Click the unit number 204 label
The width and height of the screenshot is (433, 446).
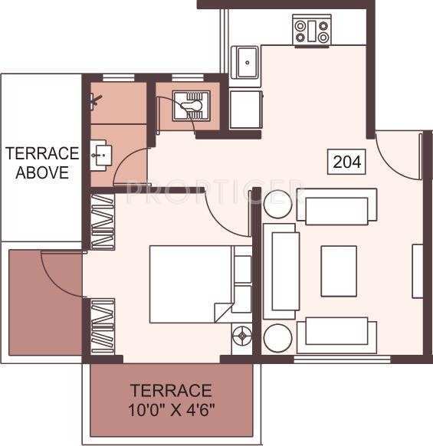tap(347, 161)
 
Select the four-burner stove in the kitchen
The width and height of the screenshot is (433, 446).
tap(312, 31)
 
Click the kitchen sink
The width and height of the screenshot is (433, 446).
tap(246, 62)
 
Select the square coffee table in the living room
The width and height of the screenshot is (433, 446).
tap(339, 270)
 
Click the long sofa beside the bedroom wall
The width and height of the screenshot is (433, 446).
tap(280, 271)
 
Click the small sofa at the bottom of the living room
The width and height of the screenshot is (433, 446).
tap(337, 331)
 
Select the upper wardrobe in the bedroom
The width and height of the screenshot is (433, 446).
tap(102, 221)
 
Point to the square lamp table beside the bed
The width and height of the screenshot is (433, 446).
tap(242, 336)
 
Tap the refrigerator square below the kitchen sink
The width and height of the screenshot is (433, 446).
tap(246, 109)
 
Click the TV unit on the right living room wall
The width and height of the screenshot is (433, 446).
tap(418, 271)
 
